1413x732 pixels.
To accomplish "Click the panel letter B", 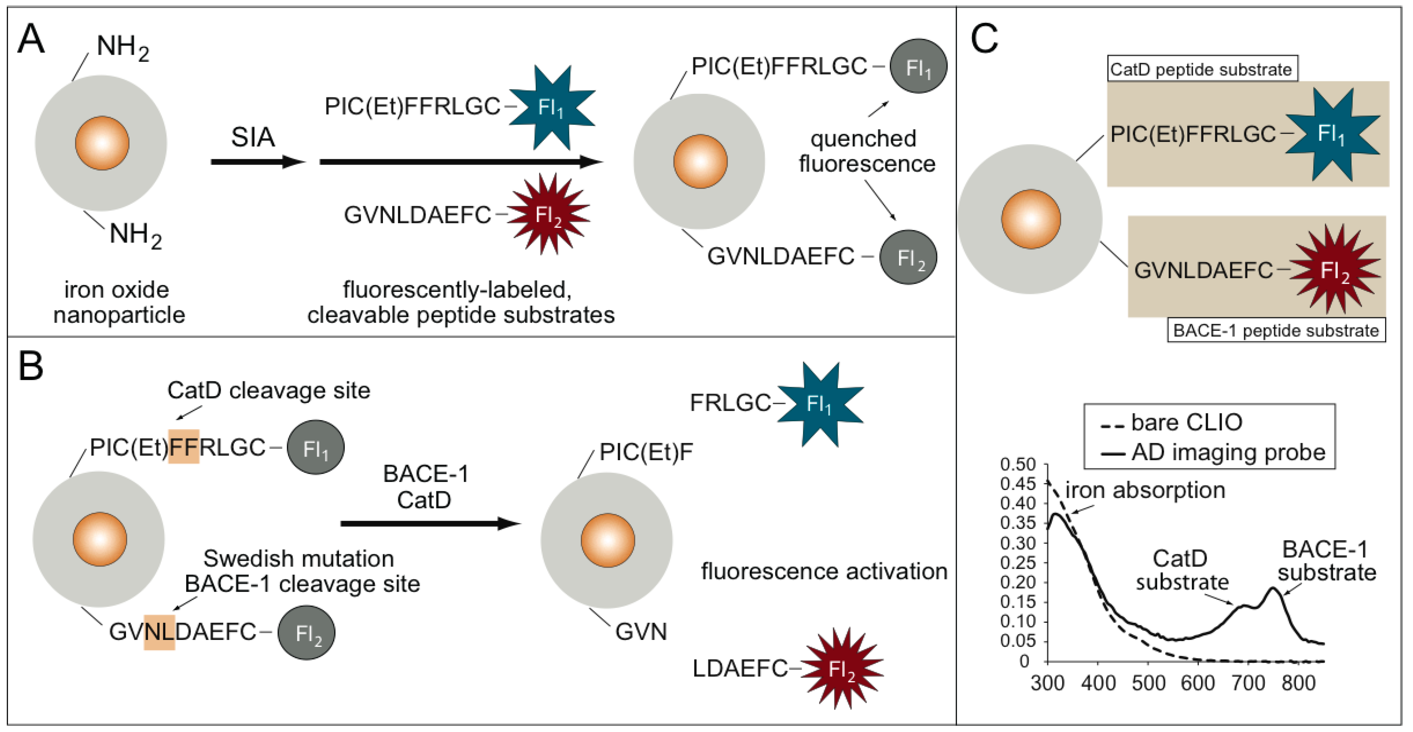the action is click(x=31, y=366).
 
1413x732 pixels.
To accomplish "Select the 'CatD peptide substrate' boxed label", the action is click(x=1202, y=69).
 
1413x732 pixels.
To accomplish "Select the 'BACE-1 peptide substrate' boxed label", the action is click(x=1276, y=330).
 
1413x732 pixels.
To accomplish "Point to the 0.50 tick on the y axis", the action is click(x=1018, y=464).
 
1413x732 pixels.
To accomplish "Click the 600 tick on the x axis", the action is click(x=1198, y=683).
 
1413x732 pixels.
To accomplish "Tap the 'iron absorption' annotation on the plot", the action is click(x=1145, y=490).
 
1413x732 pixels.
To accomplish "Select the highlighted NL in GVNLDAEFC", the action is click(x=159, y=632).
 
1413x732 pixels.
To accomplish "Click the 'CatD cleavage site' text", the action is click(x=269, y=390).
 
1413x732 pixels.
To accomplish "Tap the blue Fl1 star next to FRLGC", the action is click(x=820, y=404).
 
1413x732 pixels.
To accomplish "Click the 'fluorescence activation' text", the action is click(x=824, y=571).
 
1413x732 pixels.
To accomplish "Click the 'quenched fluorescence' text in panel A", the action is click(x=867, y=151).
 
